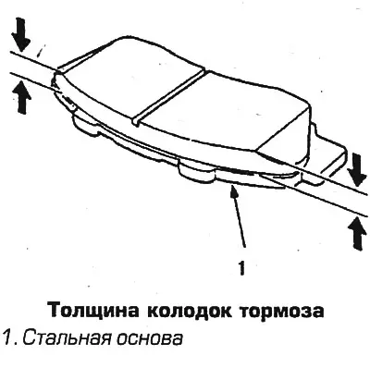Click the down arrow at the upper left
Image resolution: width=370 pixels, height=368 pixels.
[x=21, y=35]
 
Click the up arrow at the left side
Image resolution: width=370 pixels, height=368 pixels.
[x=21, y=97]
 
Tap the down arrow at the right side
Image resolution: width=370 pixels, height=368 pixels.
[x=357, y=169]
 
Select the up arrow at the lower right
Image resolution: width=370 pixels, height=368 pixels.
[x=357, y=234]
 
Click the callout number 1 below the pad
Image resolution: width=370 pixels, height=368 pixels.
[x=242, y=267]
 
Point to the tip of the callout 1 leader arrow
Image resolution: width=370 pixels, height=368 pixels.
[x=233, y=188]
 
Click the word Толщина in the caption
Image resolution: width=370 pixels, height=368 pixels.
[x=93, y=311]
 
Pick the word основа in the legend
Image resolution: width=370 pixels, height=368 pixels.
[x=150, y=339]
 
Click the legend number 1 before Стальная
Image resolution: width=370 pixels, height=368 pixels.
[x=7, y=338]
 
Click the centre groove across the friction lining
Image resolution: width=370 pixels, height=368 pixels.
[x=168, y=97]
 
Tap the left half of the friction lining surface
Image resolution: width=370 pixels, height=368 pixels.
[x=123, y=80]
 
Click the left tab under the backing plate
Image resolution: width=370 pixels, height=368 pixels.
[x=85, y=124]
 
